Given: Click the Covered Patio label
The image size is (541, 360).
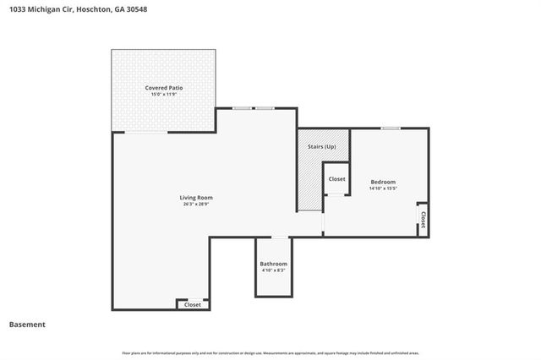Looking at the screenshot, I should [x=164, y=87].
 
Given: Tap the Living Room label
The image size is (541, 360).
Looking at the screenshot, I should [x=195, y=198].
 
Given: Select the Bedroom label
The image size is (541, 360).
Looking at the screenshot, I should [x=383, y=182].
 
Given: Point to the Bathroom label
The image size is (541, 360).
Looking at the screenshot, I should [x=273, y=264].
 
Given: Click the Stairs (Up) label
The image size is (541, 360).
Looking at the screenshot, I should [x=322, y=147].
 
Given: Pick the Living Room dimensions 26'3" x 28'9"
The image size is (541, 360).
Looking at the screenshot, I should [x=195, y=205].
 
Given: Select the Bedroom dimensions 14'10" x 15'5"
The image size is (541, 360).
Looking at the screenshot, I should [x=383, y=188].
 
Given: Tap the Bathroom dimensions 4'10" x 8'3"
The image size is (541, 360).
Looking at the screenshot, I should [x=273, y=270].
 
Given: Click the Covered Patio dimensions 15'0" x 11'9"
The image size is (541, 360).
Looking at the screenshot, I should [x=164, y=94].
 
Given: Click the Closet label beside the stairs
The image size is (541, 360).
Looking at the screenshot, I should [x=336, y=179].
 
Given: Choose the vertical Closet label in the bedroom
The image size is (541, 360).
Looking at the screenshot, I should [x=423, y=221].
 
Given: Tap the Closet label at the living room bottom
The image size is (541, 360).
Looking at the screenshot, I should [x=193, y=304].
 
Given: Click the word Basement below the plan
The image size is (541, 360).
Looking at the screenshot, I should [x=27, y=325].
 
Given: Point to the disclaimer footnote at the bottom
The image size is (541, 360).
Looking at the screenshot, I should [x=270, y=352].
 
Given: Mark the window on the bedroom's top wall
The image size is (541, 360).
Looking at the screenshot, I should [x=390, y=128].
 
